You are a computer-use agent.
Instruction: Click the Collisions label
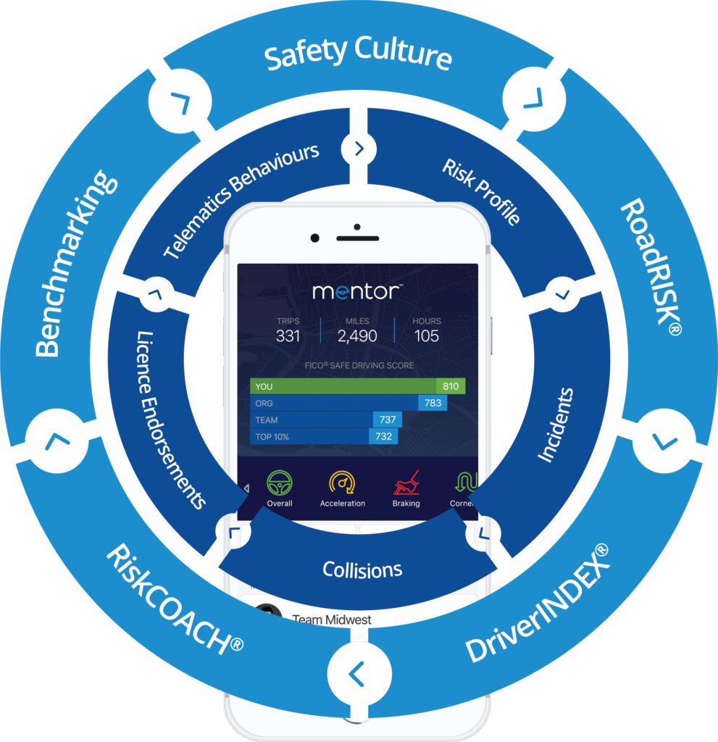pyautogui.click(x=362, y=570)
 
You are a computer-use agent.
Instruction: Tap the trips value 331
pyautogui.click(x=288, y=335)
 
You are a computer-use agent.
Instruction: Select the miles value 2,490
pyautogui.click(x=356, y=335)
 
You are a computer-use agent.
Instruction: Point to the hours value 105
pyautogui.click(x=427, y=335)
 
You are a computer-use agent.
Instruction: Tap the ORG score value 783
pyautogui.click(x=432, y=403)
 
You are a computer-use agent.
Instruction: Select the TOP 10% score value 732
pyautogui.click(x=383, y=436)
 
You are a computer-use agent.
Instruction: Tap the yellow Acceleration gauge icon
pyautogui.click(x=342, y=481)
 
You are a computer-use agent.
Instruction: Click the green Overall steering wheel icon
pyautogui.click(x=280, y=481)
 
